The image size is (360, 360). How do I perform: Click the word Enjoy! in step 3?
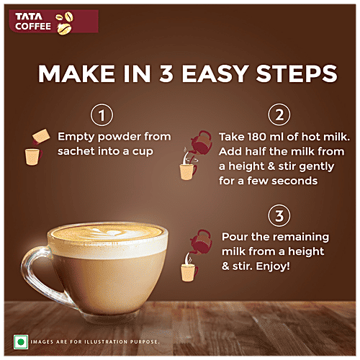[265, 266]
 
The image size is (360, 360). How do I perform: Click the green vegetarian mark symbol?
[21, 340]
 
